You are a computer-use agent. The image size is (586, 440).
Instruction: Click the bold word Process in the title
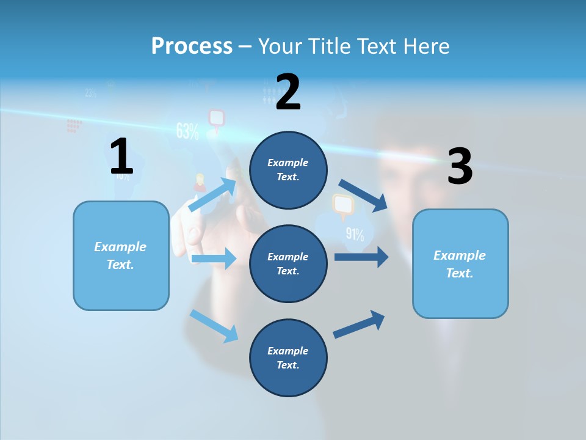pos(192,46)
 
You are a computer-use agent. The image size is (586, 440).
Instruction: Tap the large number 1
pos(121,156)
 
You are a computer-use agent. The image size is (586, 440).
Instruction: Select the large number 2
pos(288,92)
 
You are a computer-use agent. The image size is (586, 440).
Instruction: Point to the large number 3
pos(460,166)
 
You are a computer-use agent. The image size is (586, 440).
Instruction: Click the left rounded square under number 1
pos(121,255)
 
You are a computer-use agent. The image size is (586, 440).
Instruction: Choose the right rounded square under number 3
pos(460,263)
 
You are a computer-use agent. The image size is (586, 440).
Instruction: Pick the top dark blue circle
pos(288,170)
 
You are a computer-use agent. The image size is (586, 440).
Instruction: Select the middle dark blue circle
pos(288,263)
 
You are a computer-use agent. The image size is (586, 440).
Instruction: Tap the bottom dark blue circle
pos(288,358)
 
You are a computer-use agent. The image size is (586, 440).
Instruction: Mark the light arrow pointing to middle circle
pos(214,258)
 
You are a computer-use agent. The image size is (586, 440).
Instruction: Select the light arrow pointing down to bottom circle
pos(214,325)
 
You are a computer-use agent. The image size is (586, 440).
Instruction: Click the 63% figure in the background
pos(187,131)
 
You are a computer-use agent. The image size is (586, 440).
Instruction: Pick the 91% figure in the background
pos(355,234)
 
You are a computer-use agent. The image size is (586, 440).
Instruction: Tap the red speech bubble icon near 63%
pos(216,119)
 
